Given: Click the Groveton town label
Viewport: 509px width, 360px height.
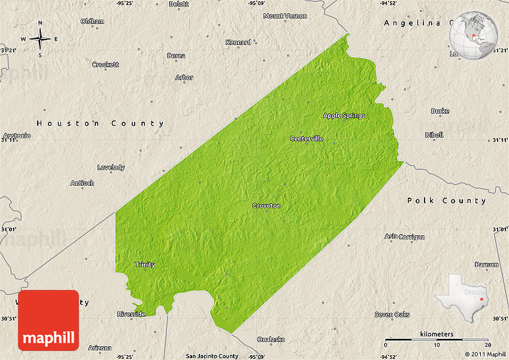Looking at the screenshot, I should [x=266, y=205].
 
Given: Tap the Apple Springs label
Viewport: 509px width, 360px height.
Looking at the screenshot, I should [x=344, y=116].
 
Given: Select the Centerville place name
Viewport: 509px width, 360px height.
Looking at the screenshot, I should [x=307, y=138].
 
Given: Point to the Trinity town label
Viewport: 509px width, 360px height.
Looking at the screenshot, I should [x=145, y=265].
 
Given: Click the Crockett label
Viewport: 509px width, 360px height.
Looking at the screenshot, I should [x=105, y=65].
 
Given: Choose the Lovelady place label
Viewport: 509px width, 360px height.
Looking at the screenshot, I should [x=111, y=167].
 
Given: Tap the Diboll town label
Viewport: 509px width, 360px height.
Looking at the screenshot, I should [x=434, y=135].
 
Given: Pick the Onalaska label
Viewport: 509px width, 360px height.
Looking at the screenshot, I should [x=271, y=339].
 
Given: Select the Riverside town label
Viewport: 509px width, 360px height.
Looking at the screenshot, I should [x=131, y=314].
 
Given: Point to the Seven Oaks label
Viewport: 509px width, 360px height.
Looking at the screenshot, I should [x=392, y=314].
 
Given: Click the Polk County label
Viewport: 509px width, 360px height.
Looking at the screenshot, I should [x=447, y=201].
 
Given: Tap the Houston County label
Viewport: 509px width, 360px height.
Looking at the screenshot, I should [x=100, y=123].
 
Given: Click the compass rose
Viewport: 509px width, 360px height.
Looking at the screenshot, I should [x=40, y=40].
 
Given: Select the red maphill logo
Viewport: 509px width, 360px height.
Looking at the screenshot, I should [x=49, y=320].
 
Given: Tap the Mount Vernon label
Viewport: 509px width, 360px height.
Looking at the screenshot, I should [x=285, y=16].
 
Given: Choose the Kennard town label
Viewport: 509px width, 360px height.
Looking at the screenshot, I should [x=238, y=43].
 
